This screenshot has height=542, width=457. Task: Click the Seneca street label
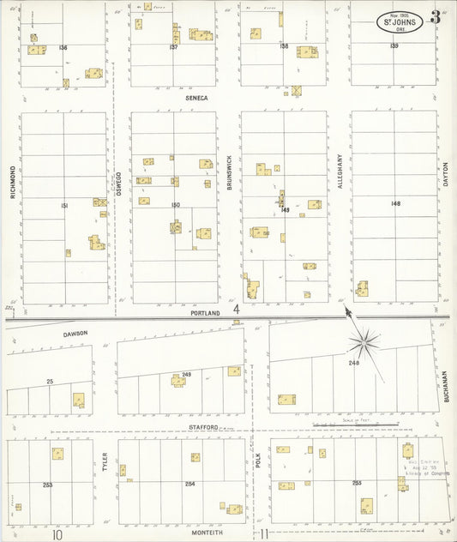(196, 98)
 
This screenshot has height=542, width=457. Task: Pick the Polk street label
(257, 461)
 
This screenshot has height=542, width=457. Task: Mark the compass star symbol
(364, 343)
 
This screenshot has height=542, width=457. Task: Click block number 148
(395, 203)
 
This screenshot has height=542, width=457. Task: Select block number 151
(63, 207)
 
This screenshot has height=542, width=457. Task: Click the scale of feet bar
(347, 423)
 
